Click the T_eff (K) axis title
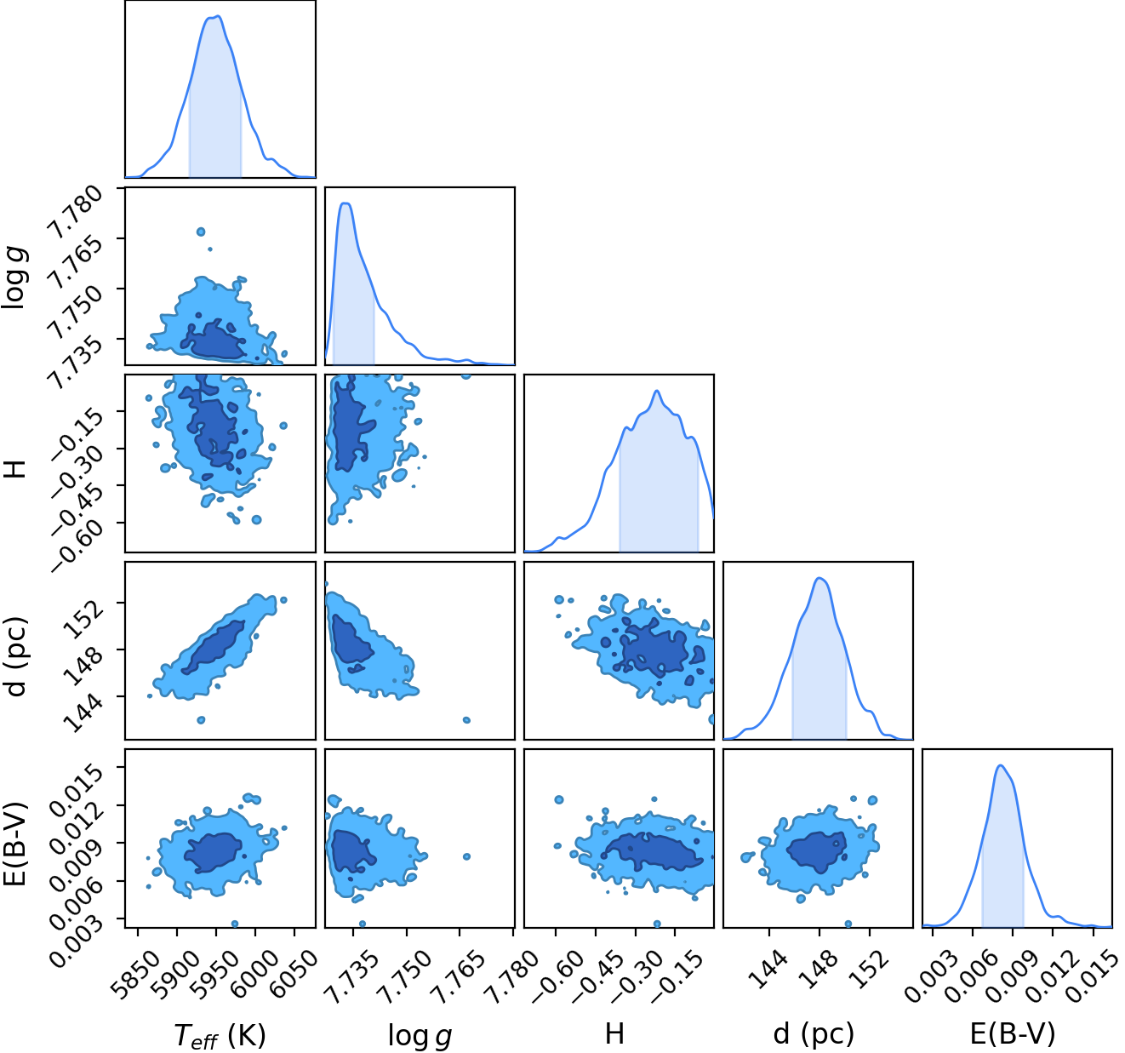pyautogui.click(x=220, y=1035)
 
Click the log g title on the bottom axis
pyautogui.click(x=420, y=1036)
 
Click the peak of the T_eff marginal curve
pyautogui.click(x=219, y=16)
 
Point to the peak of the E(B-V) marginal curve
pyautogui.click(x=1001, y=765)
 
